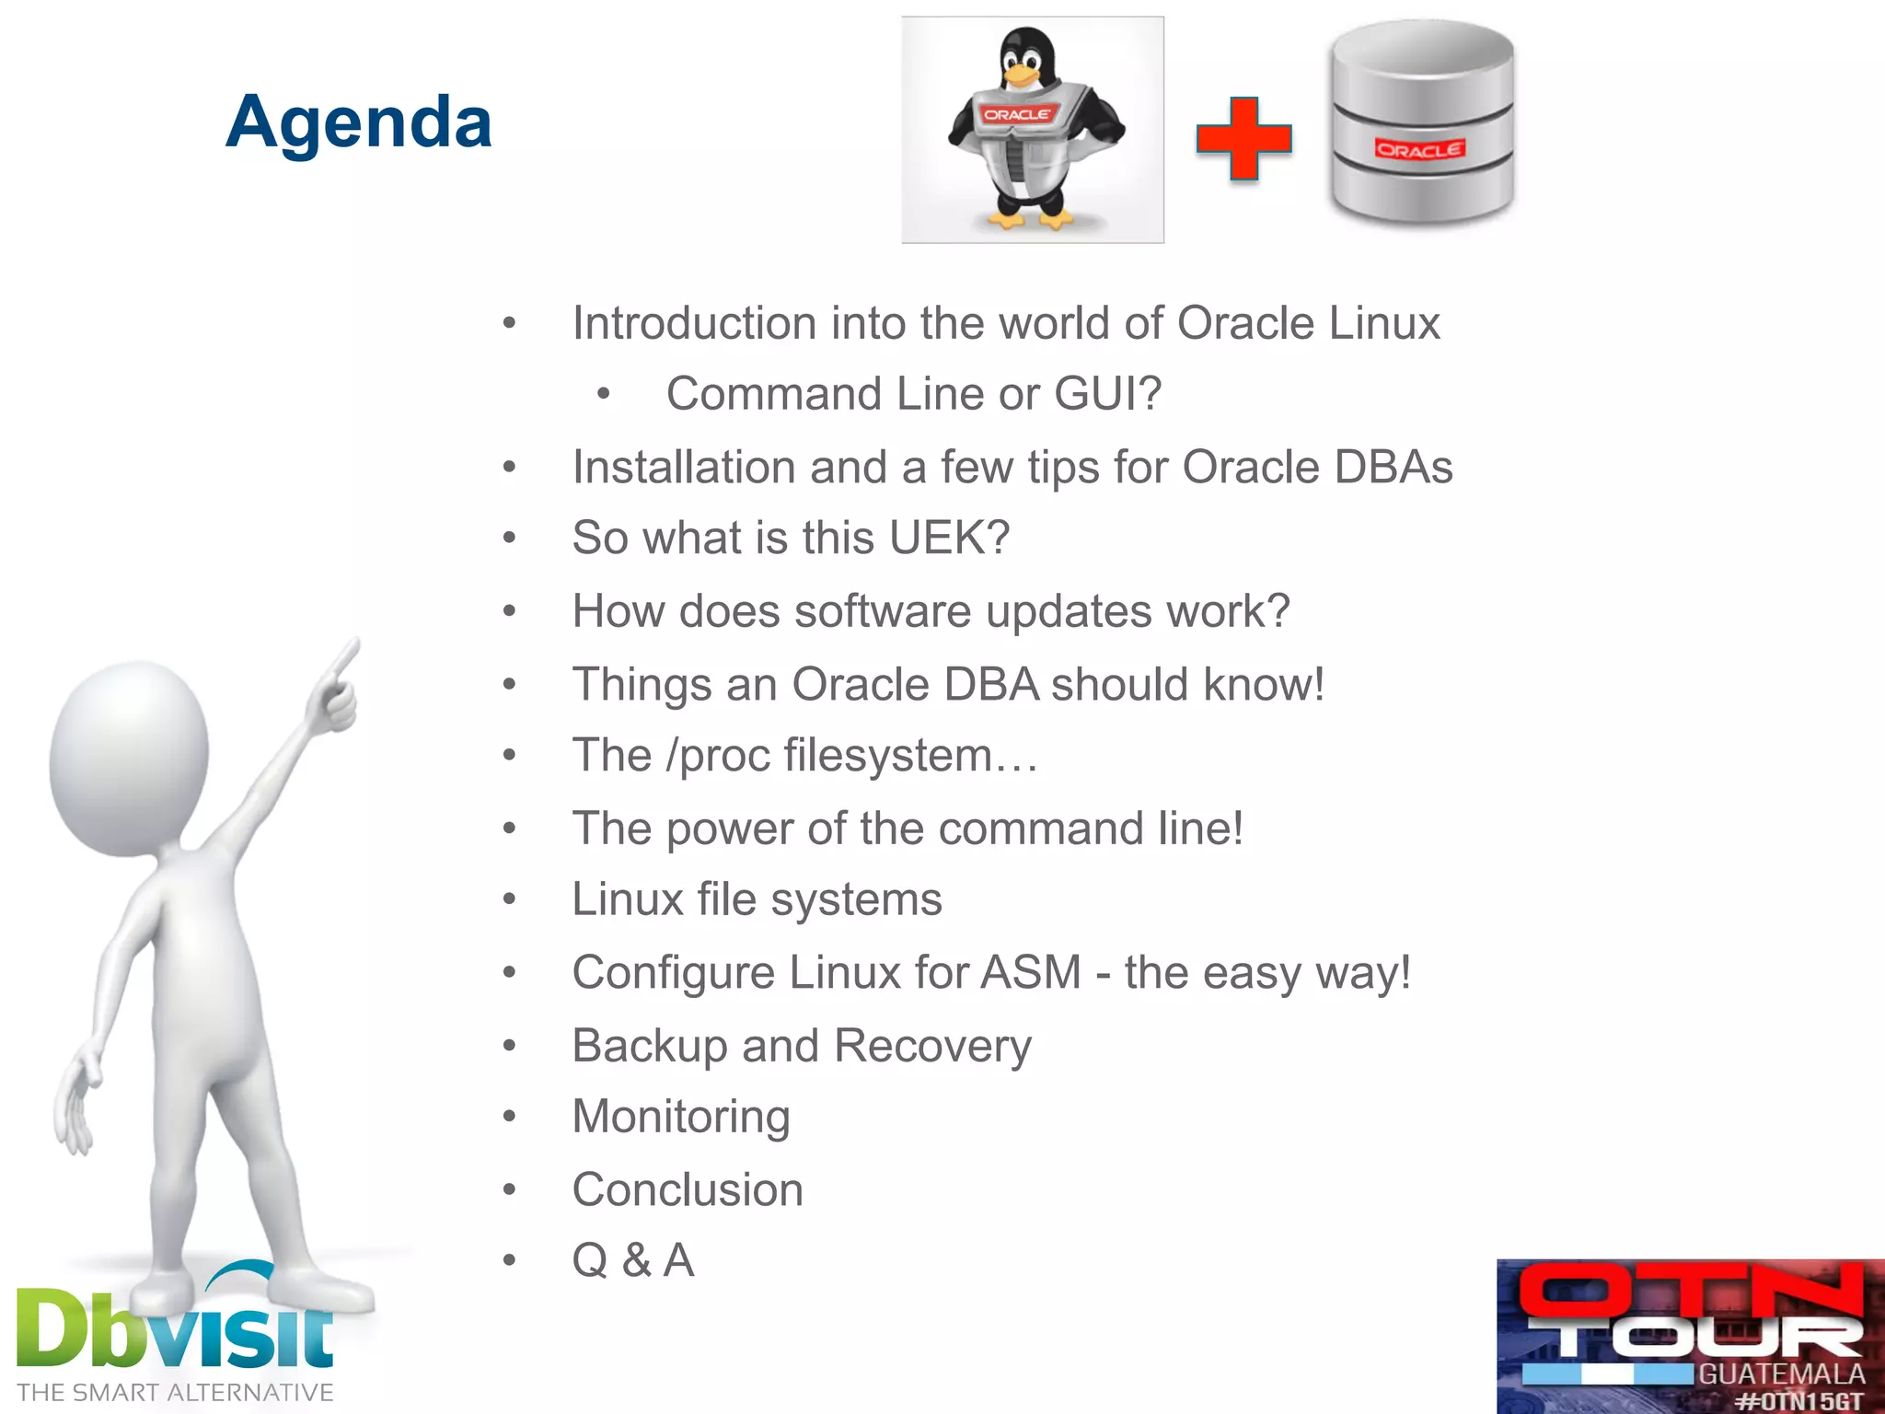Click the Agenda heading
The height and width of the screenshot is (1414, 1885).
pos(359,122)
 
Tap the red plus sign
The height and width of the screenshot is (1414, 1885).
pos(1243,139)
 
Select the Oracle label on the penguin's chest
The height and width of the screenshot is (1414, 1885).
pos(1016,115)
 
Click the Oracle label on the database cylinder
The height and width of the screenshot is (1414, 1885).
pos(1418,150)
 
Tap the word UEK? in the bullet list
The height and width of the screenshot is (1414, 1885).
pos(949,538)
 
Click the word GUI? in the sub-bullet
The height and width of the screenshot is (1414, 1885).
pos(1107,394)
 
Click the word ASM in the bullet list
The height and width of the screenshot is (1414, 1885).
pos(1031,973)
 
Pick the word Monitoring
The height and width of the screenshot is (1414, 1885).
pos(681,1117)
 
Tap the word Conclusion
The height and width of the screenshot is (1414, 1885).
pos(688,1189)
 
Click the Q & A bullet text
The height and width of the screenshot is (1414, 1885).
pos(633,1260)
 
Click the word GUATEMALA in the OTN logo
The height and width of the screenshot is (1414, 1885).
pos(1781,1374)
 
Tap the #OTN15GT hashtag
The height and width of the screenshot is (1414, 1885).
pos(1799,1401)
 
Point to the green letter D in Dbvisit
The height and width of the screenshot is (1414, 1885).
pos(53,1327)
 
